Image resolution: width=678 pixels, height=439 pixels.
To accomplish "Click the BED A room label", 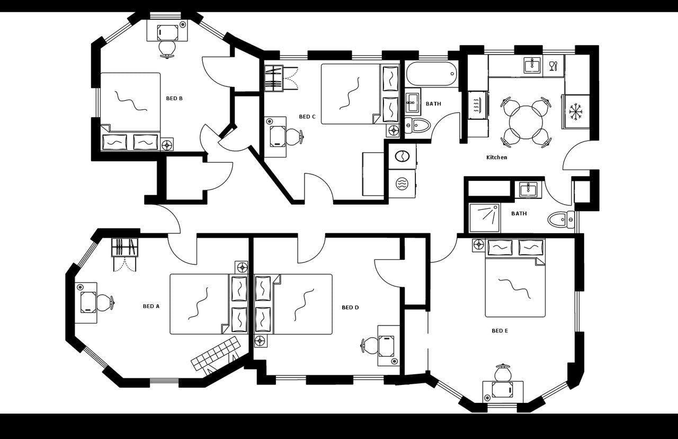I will tap(151, 306).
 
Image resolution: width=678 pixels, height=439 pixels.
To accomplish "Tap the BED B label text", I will tap(174, 99).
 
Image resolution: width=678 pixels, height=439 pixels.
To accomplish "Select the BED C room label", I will tap(307, 117).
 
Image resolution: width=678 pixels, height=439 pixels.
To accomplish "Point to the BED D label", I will tap(350, 308).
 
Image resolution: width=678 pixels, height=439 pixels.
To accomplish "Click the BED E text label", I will tap(499, 331).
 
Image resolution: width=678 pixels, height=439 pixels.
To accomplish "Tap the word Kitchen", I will tap(497, 157).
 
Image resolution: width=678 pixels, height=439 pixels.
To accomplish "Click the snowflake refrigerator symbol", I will tap(576, 111).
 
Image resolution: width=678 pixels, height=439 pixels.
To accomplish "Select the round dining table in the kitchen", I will tap(525, 122).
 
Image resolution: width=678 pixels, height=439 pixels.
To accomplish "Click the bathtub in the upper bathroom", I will tap(431, 74).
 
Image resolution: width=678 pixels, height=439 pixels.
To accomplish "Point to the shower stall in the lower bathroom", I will tap(485, 218).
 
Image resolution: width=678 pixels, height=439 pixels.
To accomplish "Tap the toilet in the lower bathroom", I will tap(559, 219).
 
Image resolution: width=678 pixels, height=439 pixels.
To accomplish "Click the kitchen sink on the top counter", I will tap(532, 65).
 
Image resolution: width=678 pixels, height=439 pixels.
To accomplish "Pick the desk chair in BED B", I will tap(167, 48).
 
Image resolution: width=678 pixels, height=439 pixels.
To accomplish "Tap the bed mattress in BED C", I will tap(351, 94).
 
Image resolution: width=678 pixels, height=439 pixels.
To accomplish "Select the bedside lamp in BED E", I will tap(478, 244).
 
